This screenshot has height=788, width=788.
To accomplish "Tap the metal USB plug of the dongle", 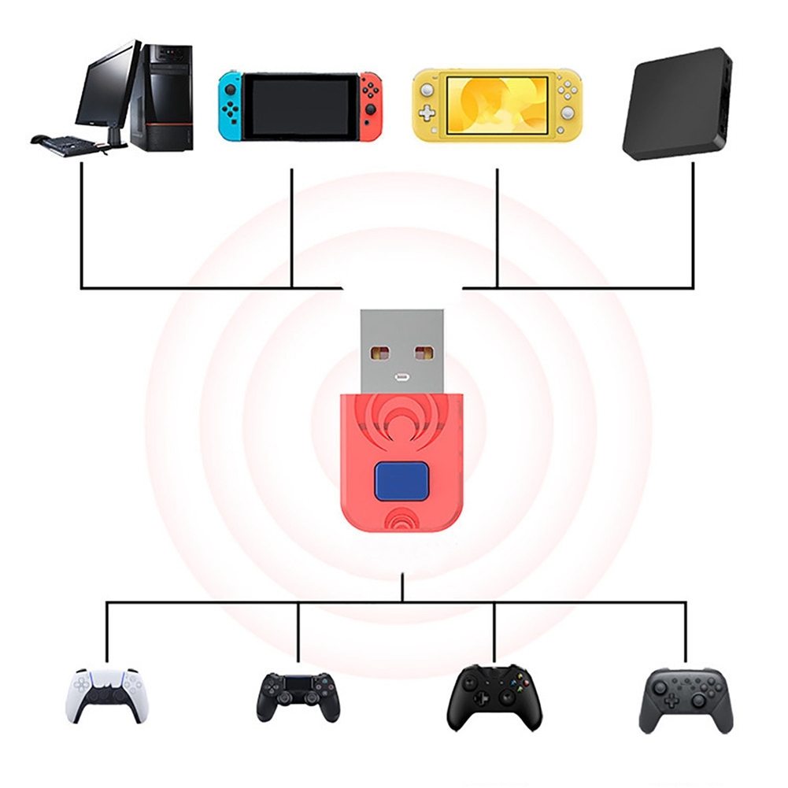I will pos(401,347).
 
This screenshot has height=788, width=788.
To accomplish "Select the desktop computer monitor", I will pos(105,87).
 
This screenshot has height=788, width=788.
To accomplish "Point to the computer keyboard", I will pos(66,144).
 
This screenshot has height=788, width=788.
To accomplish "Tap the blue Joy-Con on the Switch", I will pos(230,106).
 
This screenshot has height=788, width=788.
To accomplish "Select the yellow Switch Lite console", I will pos(497,106).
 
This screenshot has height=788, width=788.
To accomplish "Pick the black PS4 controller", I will pos(298,697).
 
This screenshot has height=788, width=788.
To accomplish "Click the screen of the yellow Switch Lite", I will pos(497,105).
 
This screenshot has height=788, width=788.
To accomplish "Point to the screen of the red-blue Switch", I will pos(299,106).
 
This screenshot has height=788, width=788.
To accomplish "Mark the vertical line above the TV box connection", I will pos(693,224).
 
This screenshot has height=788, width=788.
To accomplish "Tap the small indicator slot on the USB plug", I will pos(401,376).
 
